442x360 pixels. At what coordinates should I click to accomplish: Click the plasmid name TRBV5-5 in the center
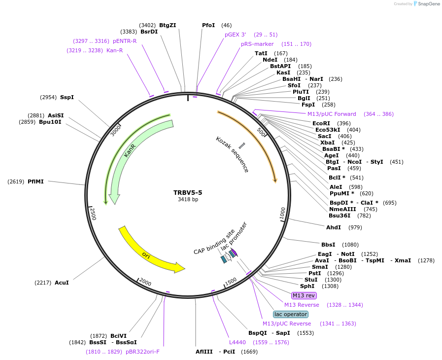[x=188, y=193]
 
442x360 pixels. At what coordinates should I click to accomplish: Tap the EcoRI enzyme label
[x=321, y=123]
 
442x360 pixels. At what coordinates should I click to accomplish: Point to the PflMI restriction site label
[x=35, y=181]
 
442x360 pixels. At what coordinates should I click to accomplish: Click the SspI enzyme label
[x=67, y=97]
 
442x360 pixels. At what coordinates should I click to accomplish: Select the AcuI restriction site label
[x=62, y=283]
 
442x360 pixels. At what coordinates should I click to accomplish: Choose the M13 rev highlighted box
[x=304, y=295]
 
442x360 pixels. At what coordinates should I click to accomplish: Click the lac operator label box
[x=291, y=314]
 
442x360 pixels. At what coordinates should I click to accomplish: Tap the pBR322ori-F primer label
[x=142, y=352]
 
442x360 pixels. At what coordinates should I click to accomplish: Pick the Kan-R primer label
[x=114, y=50]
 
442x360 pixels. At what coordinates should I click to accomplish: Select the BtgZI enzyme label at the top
[x=168, y=25]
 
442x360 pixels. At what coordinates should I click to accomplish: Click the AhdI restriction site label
[x=334, y=227]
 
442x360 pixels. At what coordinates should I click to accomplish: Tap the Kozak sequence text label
[x=232, y=154]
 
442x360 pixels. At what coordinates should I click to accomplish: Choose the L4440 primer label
[x=238, y=342]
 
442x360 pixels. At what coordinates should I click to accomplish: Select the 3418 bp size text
[x=188, y=200]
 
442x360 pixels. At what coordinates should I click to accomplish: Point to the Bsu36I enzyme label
[x=340, y=215]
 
